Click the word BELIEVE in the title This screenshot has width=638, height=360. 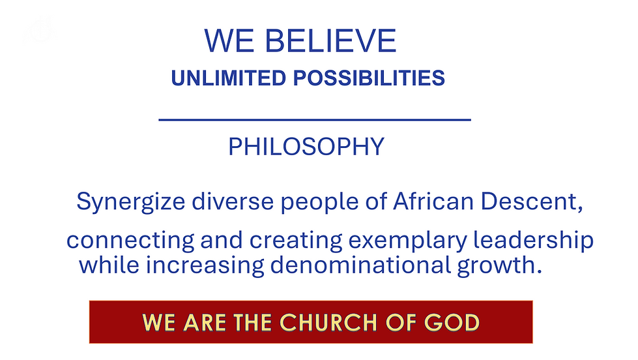[332, 41]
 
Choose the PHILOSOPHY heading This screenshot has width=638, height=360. [306, 147]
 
